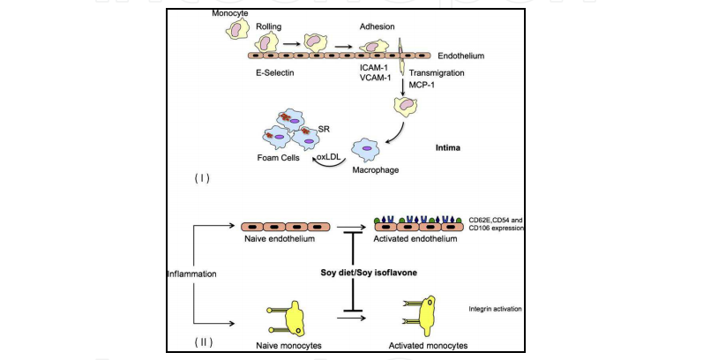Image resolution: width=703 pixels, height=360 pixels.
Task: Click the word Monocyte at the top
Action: tap(230, 14)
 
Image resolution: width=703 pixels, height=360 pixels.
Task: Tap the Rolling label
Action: tap(269, 28)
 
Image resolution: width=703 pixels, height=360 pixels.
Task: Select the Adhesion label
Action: tap(378, 28)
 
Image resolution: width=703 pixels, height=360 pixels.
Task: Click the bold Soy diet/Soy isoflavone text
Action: tap(368, 274)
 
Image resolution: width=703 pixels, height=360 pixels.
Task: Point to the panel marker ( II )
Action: tap(201, 341)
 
